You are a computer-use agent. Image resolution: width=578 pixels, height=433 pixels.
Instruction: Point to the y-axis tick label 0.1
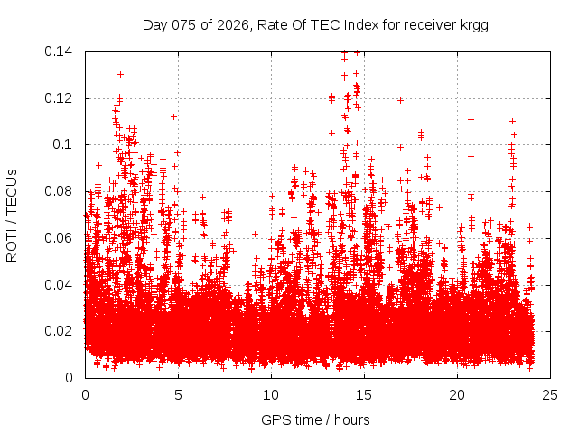click(x=66, y=144)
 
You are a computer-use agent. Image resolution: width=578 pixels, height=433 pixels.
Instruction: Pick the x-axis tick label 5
click(x=178, y=395)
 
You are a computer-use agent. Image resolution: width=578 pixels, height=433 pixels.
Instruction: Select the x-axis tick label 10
click(x=271, y=395)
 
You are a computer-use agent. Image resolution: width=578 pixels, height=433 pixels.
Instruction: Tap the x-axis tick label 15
click(x=364, y=395)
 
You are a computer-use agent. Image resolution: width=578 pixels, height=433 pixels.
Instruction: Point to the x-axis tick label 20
click(x=457, y=395)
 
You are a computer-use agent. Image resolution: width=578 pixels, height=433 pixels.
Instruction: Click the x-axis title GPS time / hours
click(x=315, y=419)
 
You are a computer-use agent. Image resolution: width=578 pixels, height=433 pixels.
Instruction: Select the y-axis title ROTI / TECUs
click(x=12, y=215)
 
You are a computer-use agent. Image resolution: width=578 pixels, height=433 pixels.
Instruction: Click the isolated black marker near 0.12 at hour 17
click(x=400, y=100)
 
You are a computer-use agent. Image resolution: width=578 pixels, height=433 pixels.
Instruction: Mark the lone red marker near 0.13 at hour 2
click(x=120, y=74)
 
